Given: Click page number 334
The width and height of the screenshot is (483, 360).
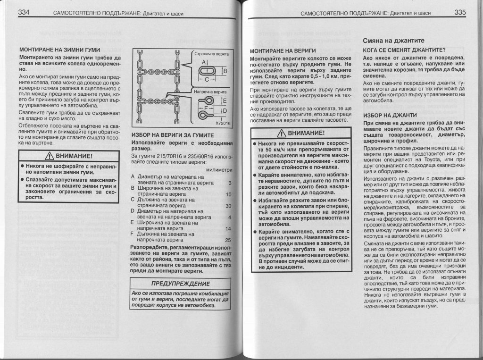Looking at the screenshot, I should click(24, 13).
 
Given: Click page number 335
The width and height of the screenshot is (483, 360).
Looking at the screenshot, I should click(460, 13).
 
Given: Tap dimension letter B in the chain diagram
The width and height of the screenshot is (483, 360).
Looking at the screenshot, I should click(225, 71).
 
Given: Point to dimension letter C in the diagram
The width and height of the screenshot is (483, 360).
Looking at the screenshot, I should click(206, 79).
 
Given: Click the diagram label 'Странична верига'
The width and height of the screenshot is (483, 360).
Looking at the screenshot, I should click(211, 54).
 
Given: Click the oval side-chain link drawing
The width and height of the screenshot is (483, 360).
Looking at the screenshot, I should click(207, 70).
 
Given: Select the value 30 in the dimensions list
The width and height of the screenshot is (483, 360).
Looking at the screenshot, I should click(228, 206).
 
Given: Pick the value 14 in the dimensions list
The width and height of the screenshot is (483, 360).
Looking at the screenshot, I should click(228, 229).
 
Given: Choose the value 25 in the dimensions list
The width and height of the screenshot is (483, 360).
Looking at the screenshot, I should click(228, 240).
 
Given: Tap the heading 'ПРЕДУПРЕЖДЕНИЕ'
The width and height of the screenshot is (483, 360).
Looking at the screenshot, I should click(180, 284).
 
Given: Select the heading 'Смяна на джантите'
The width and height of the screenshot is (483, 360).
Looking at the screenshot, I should click(394, 41).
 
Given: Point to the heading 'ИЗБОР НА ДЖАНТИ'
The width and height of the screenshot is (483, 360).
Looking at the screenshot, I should click(390, 115).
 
